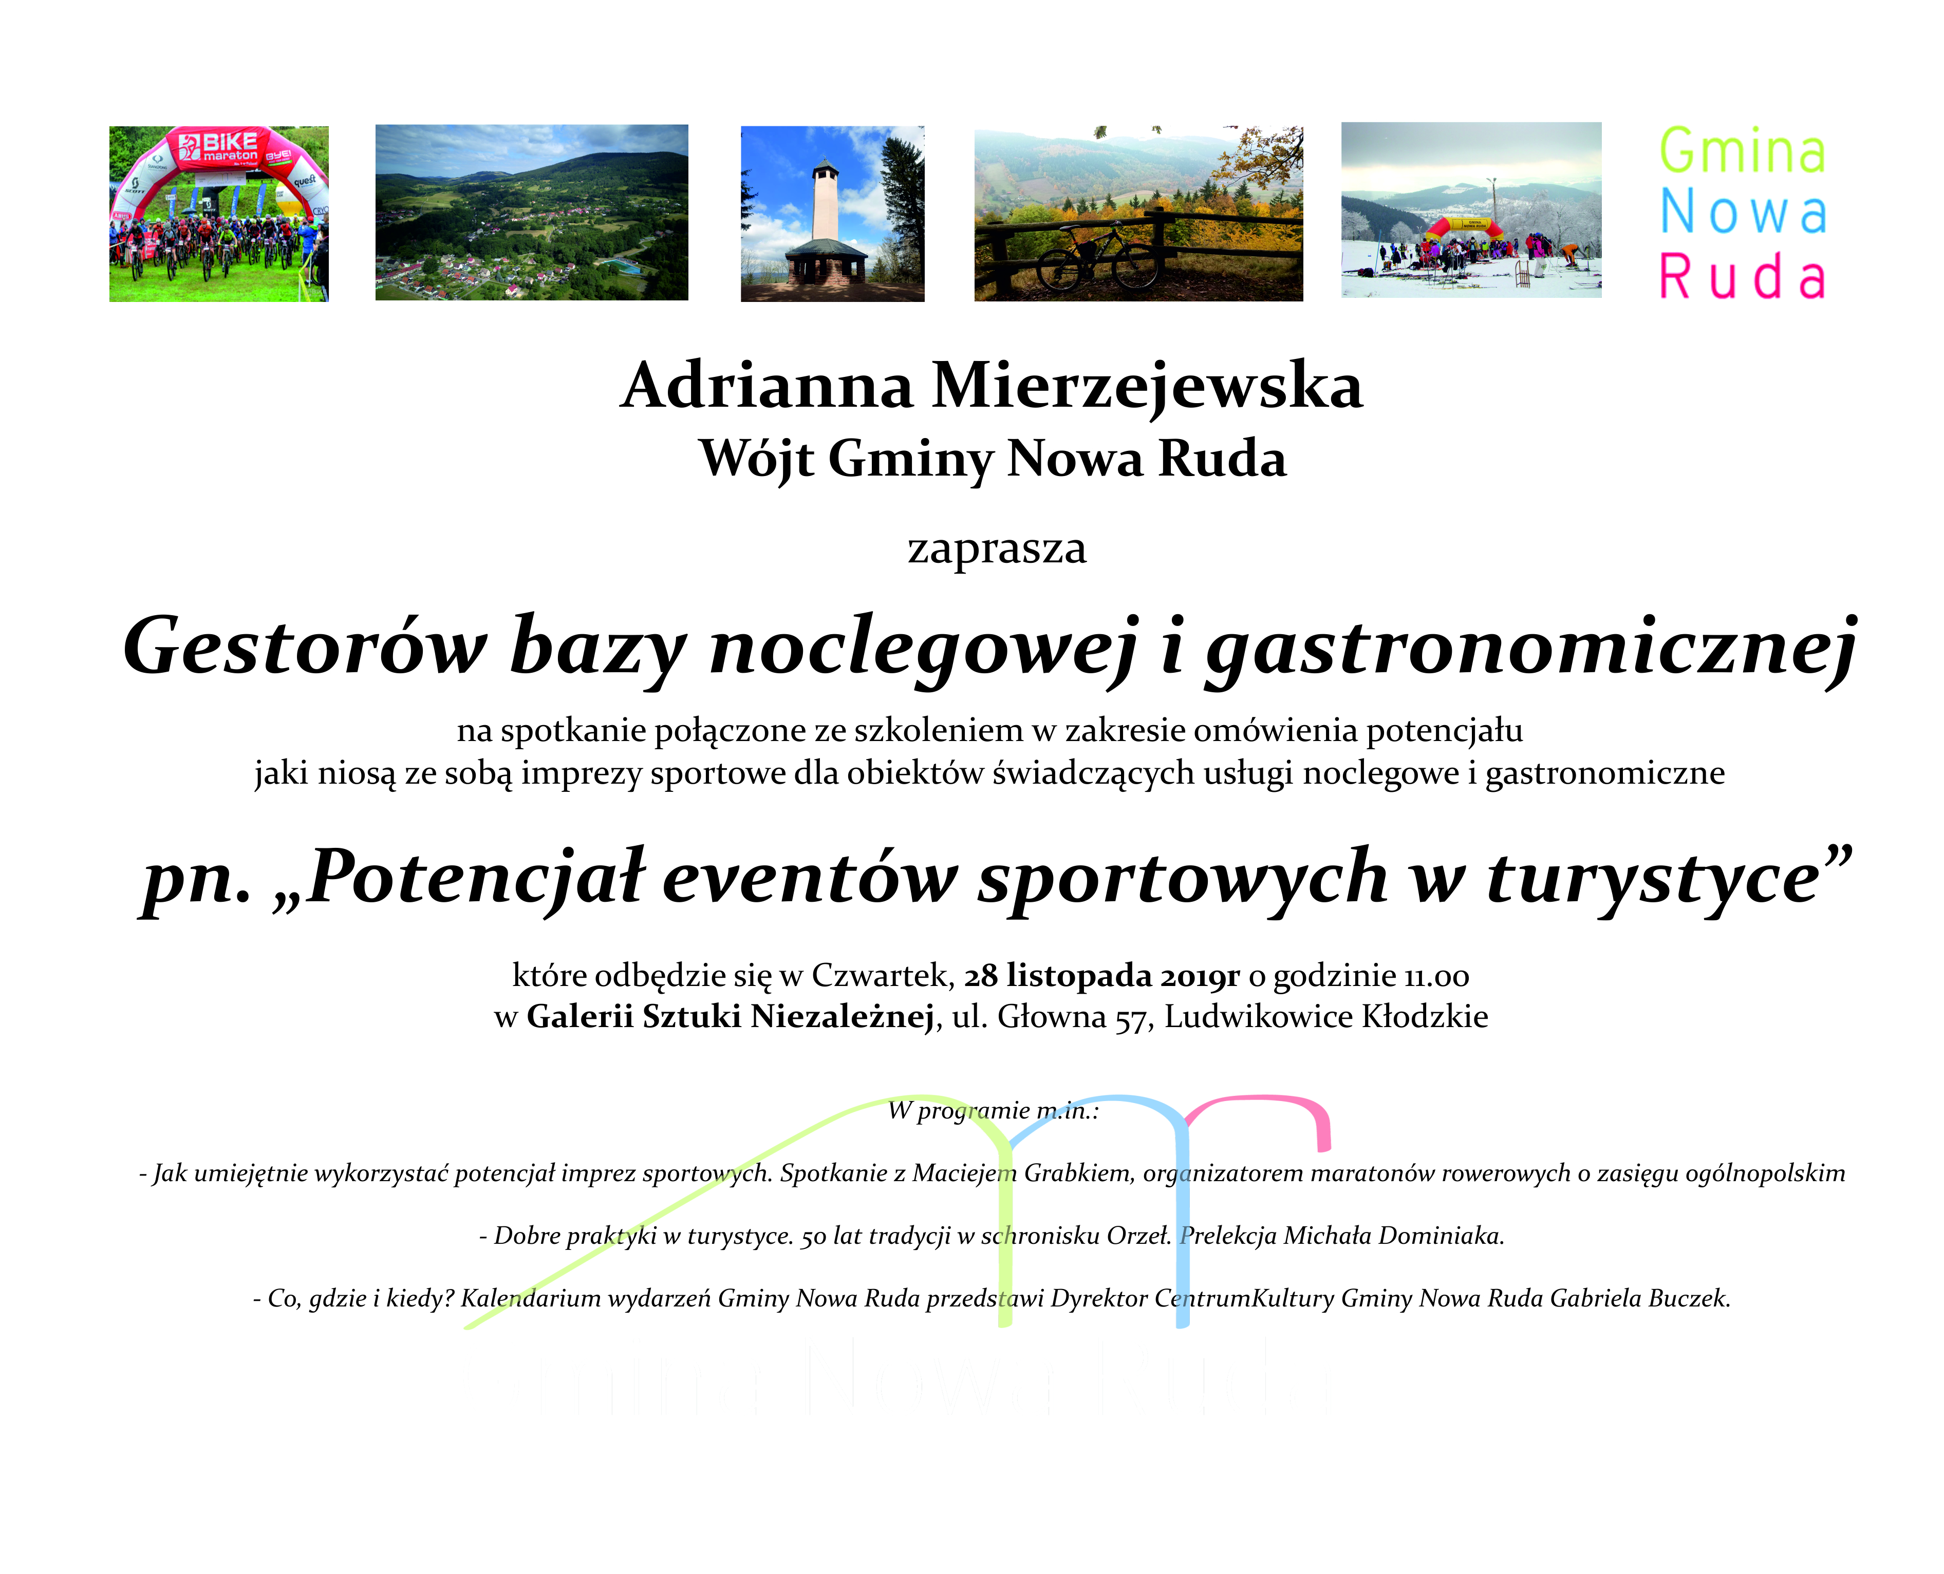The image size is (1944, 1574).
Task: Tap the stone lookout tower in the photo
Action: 826,226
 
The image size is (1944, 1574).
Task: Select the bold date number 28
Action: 981,976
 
